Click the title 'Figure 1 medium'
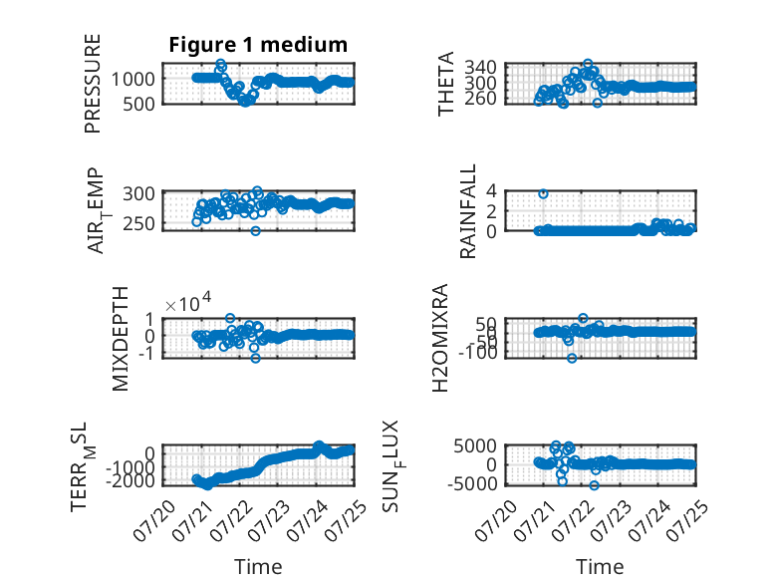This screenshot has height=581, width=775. pyautogui.click(x=258, y=45)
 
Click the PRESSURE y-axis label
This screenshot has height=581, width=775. pyautogui.click(x=93, y=84)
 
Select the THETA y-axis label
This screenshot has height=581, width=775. pyautogui.click(x=446, y=84)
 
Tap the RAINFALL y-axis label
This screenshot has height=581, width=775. pyautogui.click(x=467, y=211)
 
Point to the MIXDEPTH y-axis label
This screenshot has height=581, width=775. pyautogui.click(x=121, y=339)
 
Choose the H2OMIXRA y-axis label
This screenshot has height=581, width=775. pyautogui.click(x=440, y=338)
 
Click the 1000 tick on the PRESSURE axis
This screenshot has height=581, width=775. pyautogui.click(x=132, y=79)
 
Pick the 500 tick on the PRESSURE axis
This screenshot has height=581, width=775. pyautogui.click(x=138, y=104)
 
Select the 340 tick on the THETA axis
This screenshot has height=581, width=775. pyautogui.click(x=480, y=67)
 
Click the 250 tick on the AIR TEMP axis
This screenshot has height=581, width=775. pyautogui.click(x=138, y=223)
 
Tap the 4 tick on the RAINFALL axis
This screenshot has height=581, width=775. pyautogui.click(x=491, y=190)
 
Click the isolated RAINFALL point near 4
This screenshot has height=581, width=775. pyautogui.click(x=543, y=193)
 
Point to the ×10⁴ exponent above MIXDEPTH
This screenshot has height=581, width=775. pyautogui.click(x=188, y=303)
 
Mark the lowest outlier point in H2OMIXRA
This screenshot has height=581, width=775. pyautogui.click(x=572, y=358)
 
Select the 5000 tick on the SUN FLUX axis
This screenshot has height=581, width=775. pyautogui.click(x=475, y=446)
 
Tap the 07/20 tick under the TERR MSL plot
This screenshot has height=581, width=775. pyautogui.click(x=155, y=520)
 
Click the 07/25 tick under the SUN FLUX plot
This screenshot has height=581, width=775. pyautogui.click(x=687, y=520)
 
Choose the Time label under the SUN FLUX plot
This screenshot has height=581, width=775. pyautogui.click(x=600, y=567)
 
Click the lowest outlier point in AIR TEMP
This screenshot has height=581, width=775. pyautogui.click(x=255, y=230)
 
